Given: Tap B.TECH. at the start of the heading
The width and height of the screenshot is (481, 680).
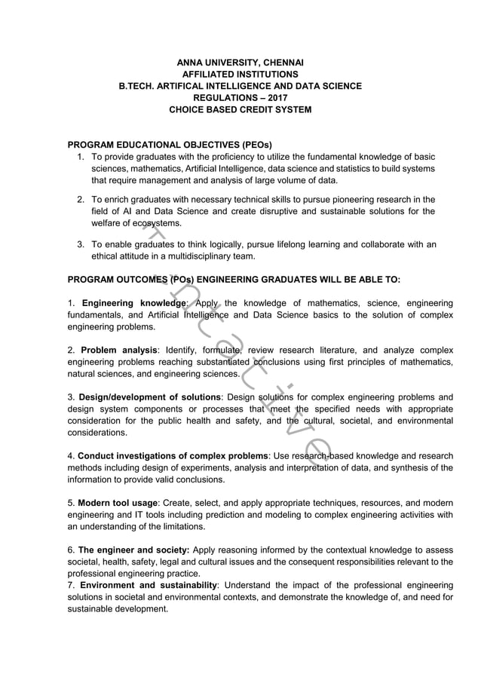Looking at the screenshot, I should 138,86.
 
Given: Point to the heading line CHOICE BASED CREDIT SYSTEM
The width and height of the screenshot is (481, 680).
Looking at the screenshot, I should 240,110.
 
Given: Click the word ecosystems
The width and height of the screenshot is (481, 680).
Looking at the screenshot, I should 157,224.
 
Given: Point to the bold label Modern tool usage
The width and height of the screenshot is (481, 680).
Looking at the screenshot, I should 117,503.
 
